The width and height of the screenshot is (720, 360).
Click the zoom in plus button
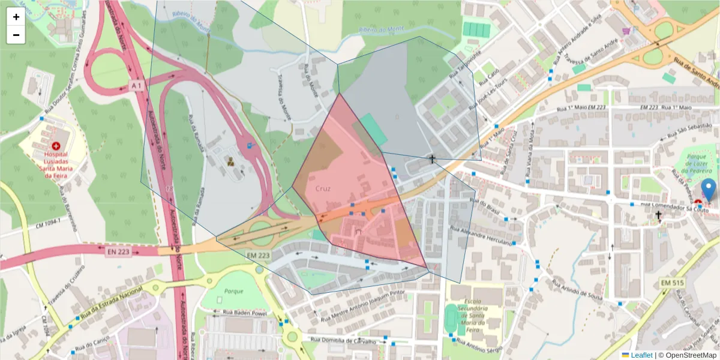coord(16,17)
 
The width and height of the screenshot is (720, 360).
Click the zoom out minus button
coord(16,35)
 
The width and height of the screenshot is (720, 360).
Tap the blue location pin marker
coord(709,190)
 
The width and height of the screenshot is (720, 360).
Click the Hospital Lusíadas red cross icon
coord(56,146)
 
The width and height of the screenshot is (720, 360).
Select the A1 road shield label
coord(137,86)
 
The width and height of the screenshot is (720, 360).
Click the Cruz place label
coord(323,188)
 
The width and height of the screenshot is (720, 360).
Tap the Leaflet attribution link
coord(641,355)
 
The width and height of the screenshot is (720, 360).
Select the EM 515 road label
coord(673,282)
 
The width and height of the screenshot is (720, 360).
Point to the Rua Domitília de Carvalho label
coord(344,341)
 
